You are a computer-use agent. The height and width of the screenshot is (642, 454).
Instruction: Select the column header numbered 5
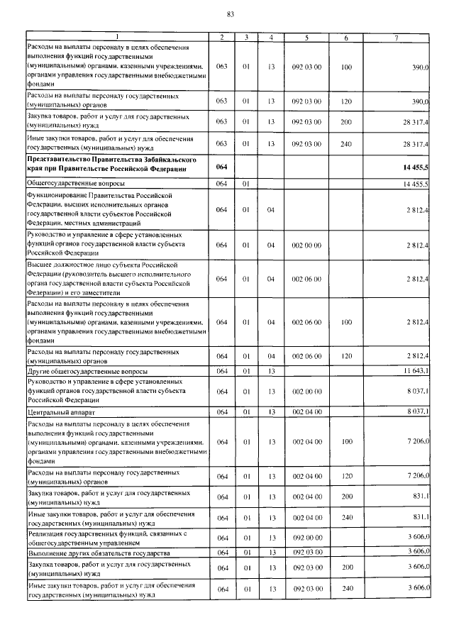[x=307, y=36]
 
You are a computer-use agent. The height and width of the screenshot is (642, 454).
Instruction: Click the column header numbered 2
[x=222, y=36]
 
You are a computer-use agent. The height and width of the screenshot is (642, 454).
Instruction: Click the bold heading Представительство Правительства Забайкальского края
[x=106, y=166]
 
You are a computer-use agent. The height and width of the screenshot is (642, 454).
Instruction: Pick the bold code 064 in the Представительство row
[x=222, y=167]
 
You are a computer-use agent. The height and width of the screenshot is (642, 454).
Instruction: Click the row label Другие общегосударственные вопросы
[x=87, y=371]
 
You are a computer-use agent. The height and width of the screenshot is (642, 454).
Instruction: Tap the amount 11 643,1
[x=416, y=371]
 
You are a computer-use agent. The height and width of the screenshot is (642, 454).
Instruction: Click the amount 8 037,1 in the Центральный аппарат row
[x=418, y=411]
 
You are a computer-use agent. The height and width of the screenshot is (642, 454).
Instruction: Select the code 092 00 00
[x=307, y=538]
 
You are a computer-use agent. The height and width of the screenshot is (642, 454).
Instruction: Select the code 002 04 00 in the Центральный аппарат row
[x=307, y=411]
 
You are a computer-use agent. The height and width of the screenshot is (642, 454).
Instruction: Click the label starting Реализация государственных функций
[x=106, y=538]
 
